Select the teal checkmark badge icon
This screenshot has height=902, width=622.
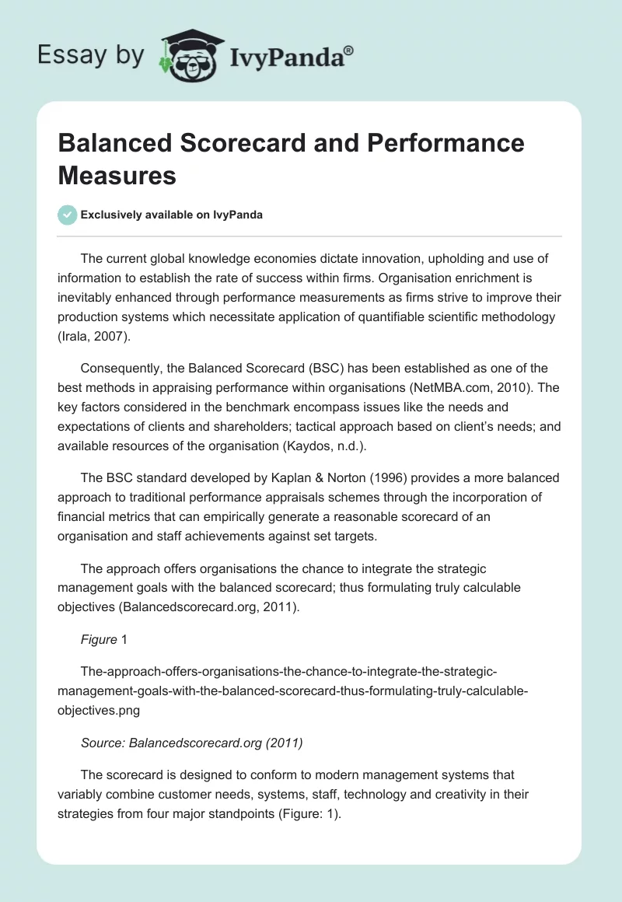pos(68,215)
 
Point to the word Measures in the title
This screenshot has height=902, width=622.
pos(117,175)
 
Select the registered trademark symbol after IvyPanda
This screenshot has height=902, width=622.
pos(349,49)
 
